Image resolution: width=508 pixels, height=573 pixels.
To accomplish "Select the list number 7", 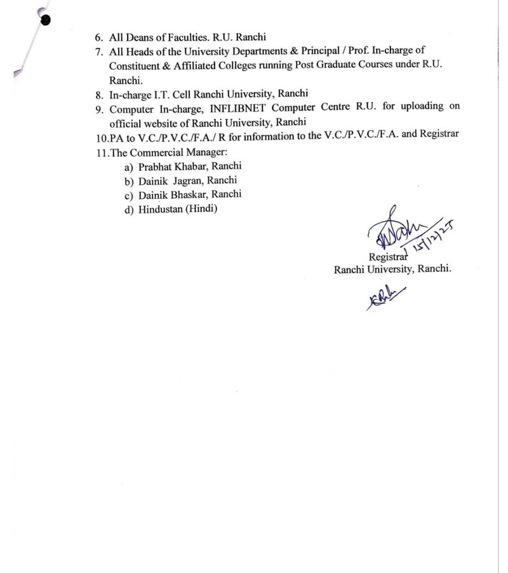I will click(x=98, y=51).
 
